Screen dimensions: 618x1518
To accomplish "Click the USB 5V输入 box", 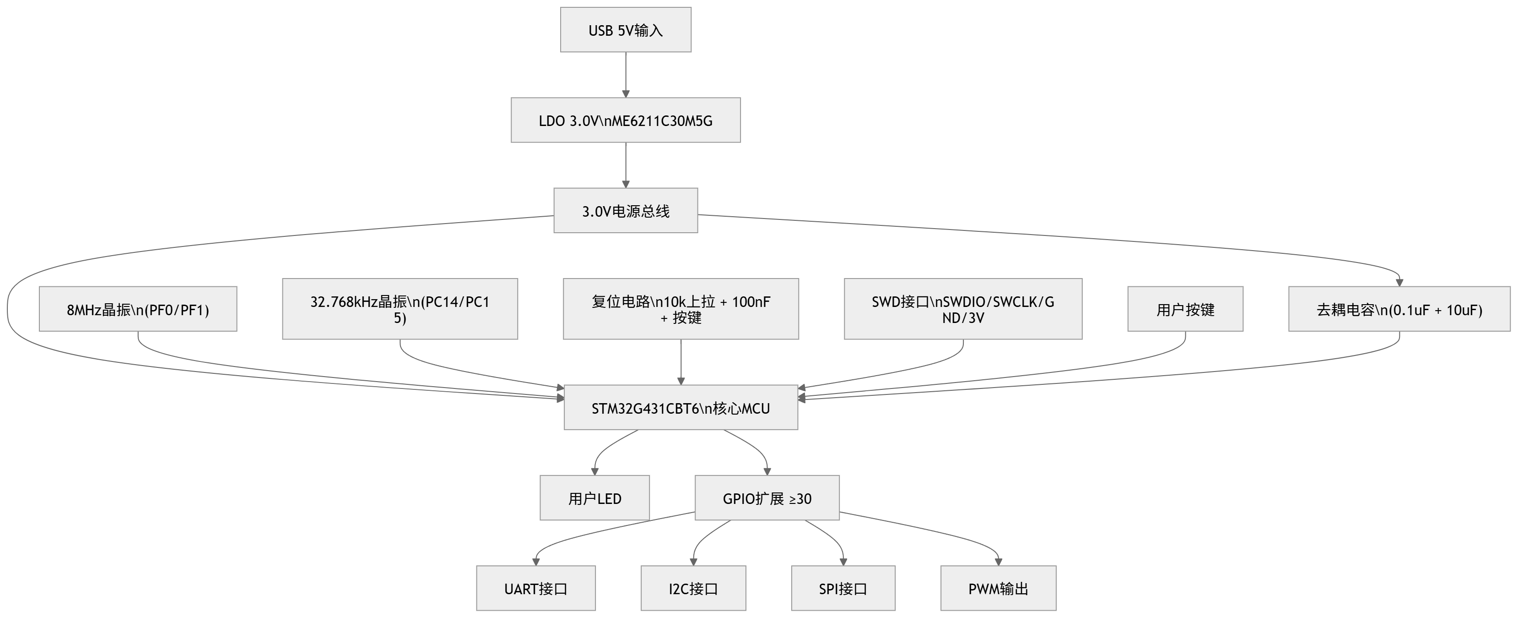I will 625,30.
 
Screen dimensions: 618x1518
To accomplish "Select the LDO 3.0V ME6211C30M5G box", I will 625,120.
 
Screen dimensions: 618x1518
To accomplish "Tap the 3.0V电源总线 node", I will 625,211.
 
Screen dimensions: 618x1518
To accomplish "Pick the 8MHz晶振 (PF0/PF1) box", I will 138,309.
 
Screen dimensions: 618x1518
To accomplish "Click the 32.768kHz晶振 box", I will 400,309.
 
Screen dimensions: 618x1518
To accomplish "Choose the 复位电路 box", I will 681,309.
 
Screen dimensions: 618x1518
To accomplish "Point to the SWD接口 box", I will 963,309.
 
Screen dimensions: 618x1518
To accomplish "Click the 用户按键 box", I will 1185,309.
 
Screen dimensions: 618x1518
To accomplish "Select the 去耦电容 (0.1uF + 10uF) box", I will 1399,309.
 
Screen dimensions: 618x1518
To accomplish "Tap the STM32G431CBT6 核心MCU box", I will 681,407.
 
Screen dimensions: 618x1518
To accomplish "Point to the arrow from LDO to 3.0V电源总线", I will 625,165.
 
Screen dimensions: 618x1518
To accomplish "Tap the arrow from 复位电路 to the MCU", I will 681,362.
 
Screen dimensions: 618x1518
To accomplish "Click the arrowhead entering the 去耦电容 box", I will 1399,283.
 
